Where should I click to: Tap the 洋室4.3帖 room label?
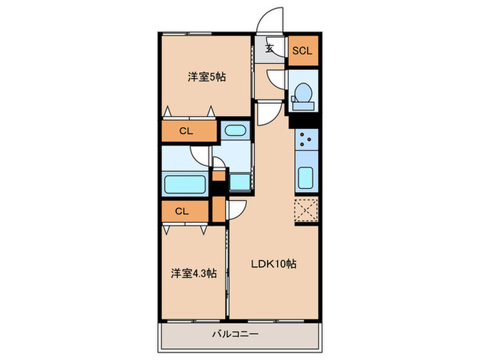pos(193,273)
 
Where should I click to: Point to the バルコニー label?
pos(239,335)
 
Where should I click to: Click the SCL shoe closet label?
pos(302,50)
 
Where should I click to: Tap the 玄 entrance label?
pos(270,49)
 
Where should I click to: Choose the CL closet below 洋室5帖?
pos(185,130)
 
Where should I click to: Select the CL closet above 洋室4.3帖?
pos(181,211)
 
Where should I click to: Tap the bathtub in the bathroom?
pos(185,184)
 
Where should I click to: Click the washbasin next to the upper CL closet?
pos(236,130)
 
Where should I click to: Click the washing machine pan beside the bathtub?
pos(240,182)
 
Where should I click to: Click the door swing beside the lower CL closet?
pos(237,208)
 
